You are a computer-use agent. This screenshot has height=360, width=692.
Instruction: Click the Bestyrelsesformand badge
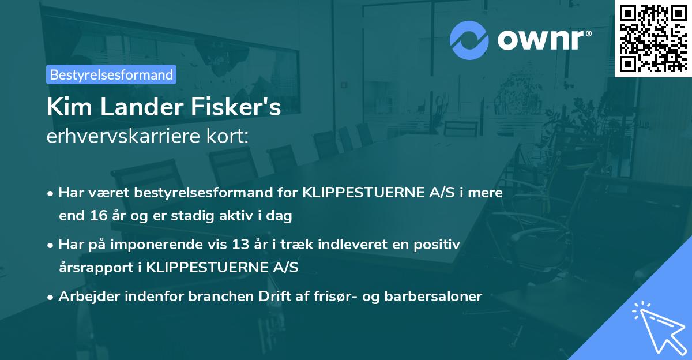tap(111, 74)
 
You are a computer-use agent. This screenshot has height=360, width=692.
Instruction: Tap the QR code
tap(653, 38)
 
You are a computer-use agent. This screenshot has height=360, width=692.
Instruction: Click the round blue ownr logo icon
tap(469, 40)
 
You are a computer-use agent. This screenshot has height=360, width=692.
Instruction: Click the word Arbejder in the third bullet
tap(85, 297)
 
